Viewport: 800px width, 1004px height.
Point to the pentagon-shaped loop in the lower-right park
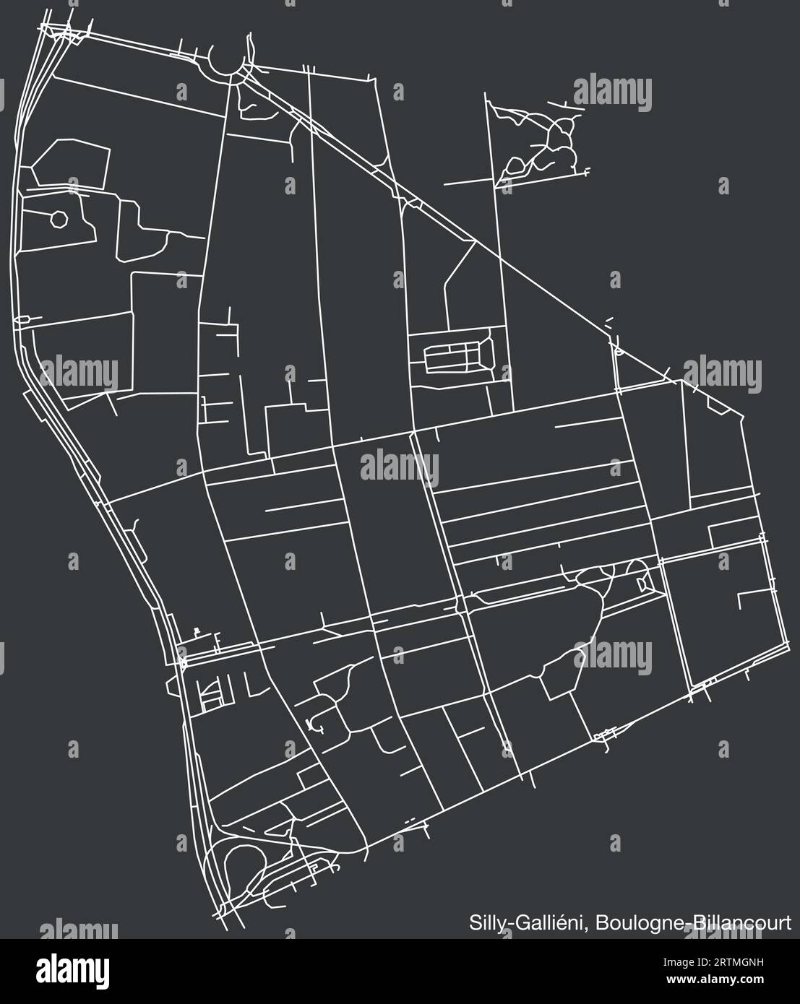[561, 680]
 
